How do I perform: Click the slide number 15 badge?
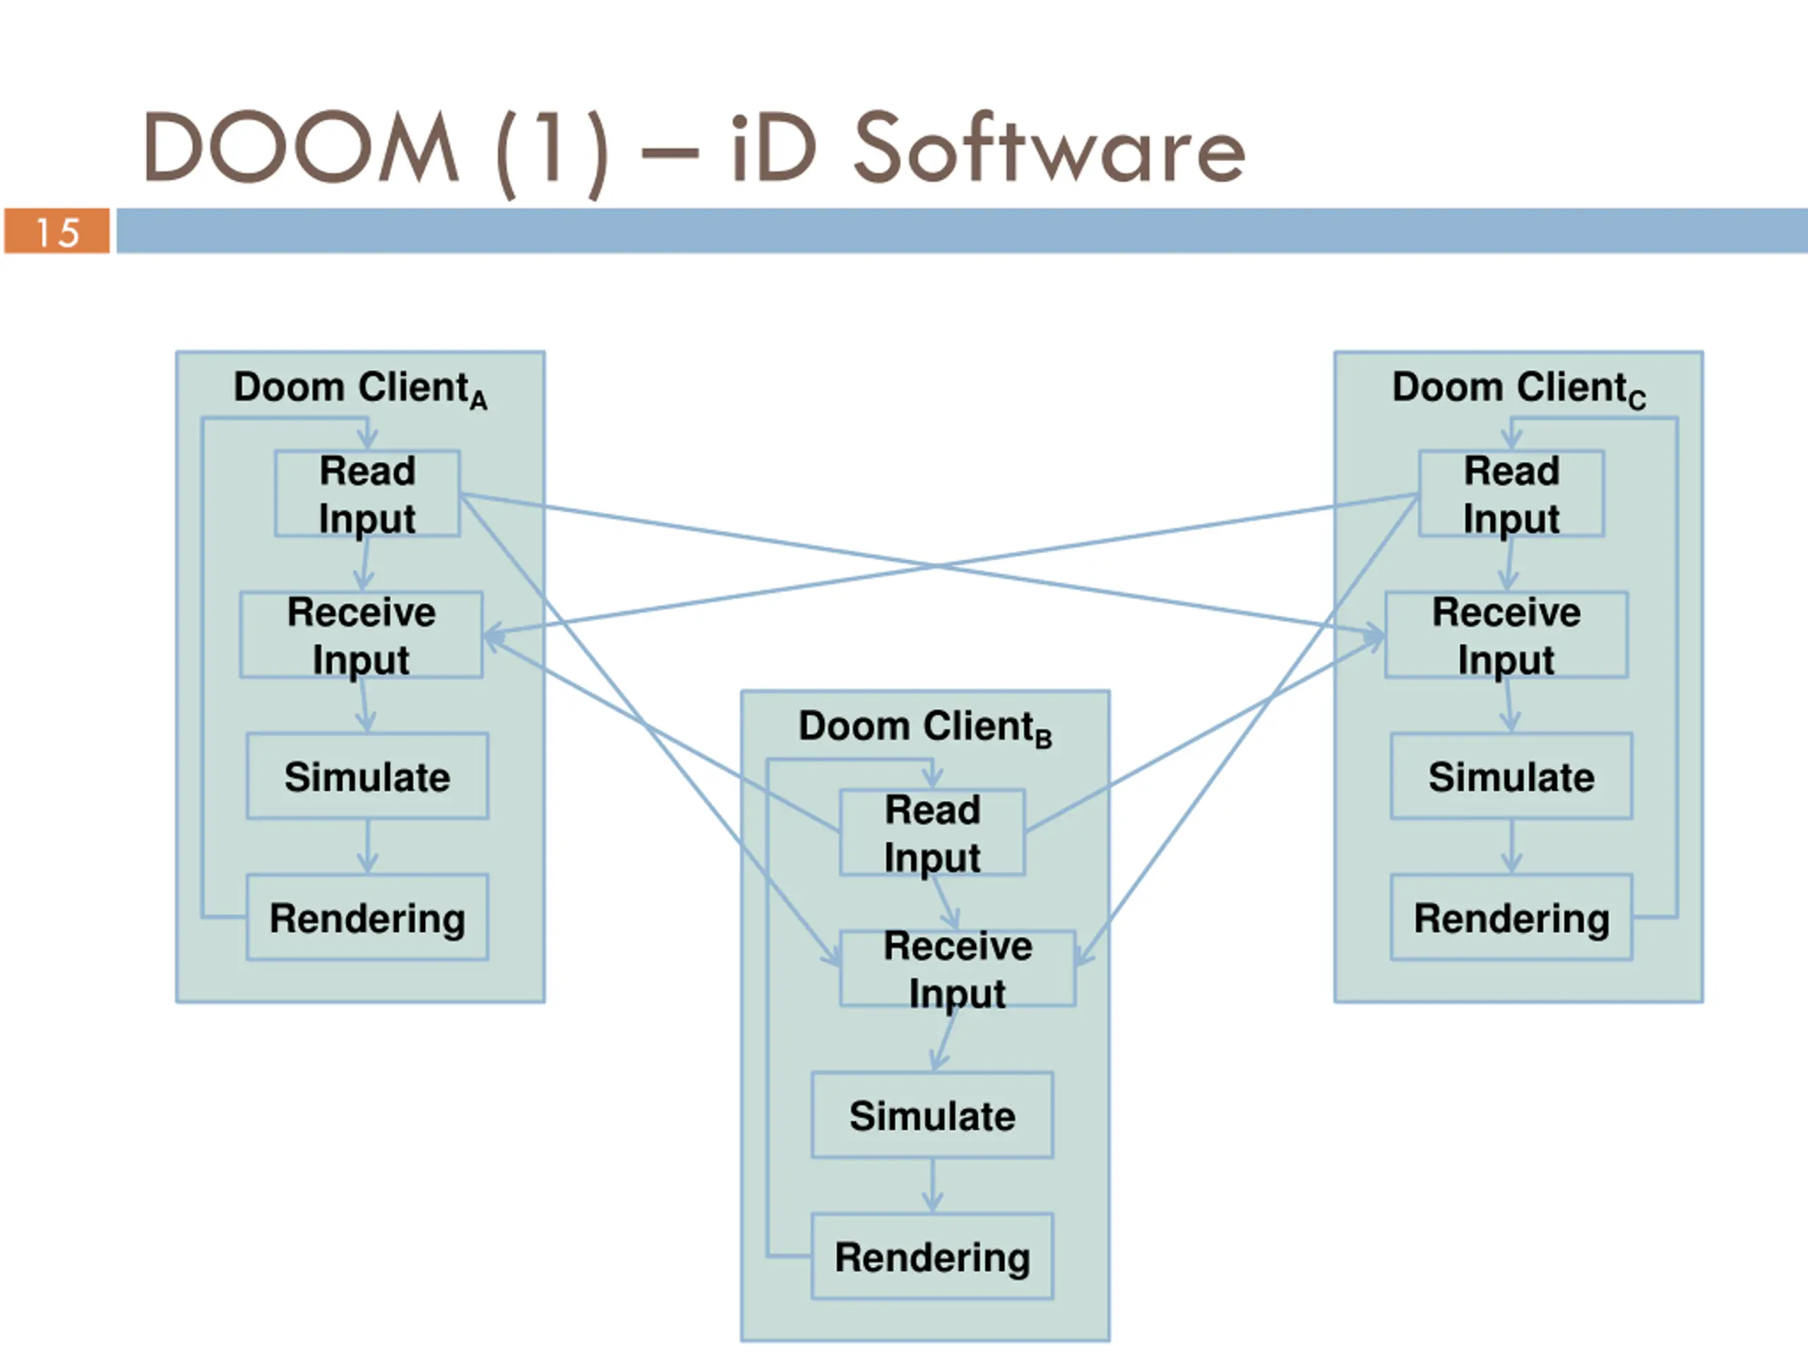click(x=56, y=232)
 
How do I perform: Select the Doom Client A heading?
click(x=360, y=388)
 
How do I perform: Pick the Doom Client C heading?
click(x=1518, y=388)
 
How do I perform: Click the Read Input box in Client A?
click(x=367, y=494)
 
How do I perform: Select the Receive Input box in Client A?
click(x=362, y=635)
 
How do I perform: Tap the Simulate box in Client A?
click(x=367, y=775)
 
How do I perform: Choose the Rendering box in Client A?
click(x=367, y=917)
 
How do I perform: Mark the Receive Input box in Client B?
click(x=958, y=968)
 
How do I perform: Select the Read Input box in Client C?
click(x=1511, y=494)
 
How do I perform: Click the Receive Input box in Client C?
click(x=1506, y=635)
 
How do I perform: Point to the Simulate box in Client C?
click(x=1511, y=775)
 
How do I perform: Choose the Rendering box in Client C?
click(x=1511, y=917)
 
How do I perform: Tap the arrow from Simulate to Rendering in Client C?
click(x=1511, y=847)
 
